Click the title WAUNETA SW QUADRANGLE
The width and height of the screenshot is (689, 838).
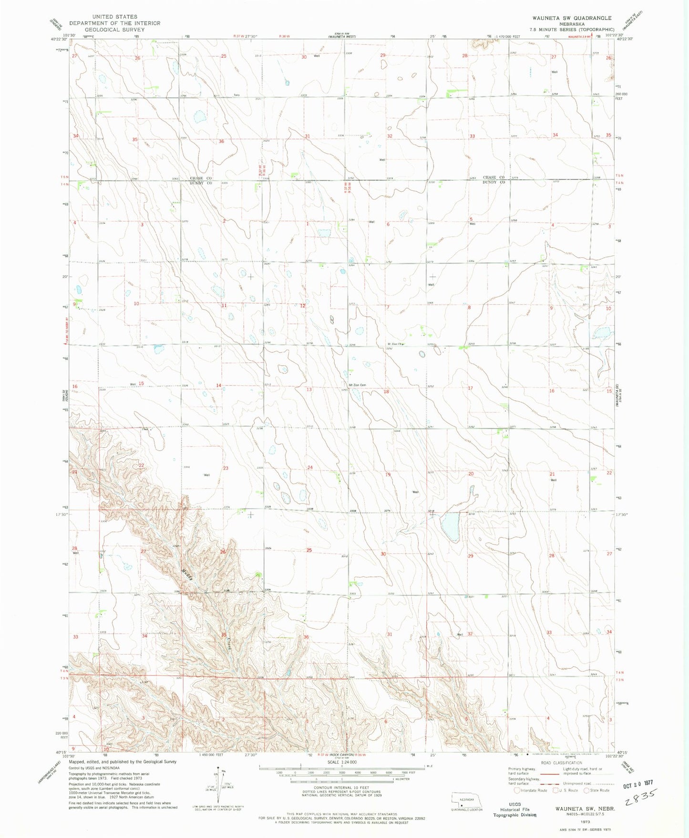coord(572,18)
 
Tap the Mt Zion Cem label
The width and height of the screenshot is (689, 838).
coord(357,385)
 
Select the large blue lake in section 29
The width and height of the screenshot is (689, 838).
coord(450,526)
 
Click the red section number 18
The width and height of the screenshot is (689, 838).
coord(387,392)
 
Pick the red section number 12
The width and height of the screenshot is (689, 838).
coord(302,306)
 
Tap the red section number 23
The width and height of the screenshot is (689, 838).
coord(226,468)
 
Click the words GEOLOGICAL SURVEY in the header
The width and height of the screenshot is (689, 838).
coord(114,30)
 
